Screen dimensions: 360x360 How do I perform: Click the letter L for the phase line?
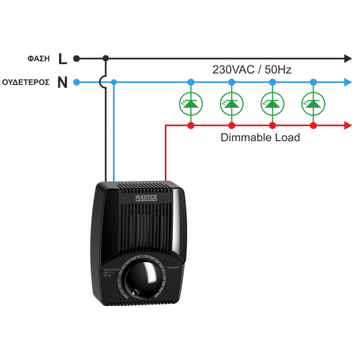pyautogui.click(x=62, y=58)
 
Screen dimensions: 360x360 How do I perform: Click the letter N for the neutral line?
pyautogui.click(x=62, y=82)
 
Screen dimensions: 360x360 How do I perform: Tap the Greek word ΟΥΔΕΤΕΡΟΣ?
pyautogui.click(x=26, y=82)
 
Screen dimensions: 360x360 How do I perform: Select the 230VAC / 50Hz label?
pyautogui.click(x=251, y=69)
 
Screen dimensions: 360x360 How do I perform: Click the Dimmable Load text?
pyautogui.click(x=260, y=137)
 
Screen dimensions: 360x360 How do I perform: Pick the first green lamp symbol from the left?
pyautogui.click(x=191, y=104)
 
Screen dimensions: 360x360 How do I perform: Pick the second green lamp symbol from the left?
pyautogui.click(x=231, y=104)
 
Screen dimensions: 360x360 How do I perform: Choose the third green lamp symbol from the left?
pyautogui.click(x=271, y=104)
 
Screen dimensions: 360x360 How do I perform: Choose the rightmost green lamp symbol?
pyautogui.click(x=312, y=104)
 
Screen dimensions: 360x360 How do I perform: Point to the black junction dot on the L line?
pyautogui.click(x=107, y=58)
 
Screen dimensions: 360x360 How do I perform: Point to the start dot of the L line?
pyautogui.click(x=76, y=58)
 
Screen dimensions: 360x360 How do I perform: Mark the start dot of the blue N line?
pyautogui.click(x=76, y=82)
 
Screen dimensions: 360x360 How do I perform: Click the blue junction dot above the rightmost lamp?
pyautogui.click(x=312, y=82)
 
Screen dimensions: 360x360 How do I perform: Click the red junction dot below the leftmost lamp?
pyautogui.click(x=191, y=125)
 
